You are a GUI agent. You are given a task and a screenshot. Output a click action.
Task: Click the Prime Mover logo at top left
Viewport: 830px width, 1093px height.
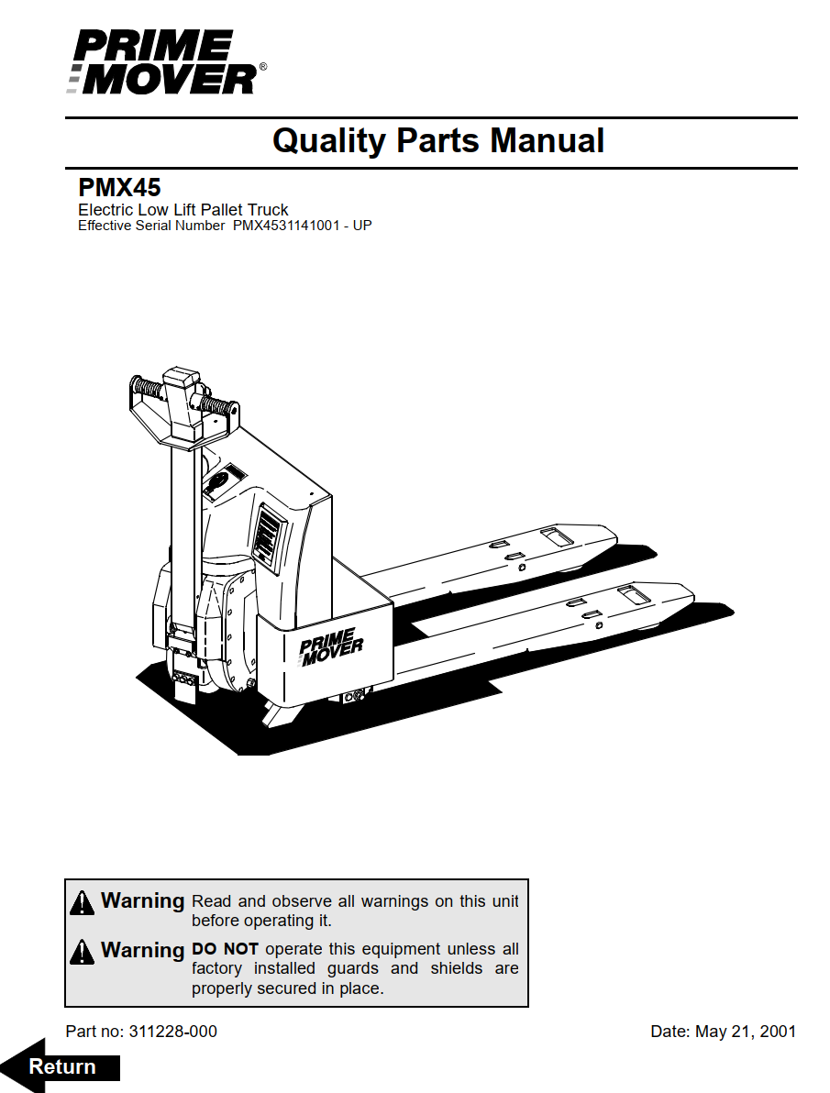pos(166,62)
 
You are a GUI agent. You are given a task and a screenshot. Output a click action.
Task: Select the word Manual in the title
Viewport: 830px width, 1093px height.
pos(547,140)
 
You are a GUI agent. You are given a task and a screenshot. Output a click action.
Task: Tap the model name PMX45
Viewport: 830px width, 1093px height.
pos(119,187)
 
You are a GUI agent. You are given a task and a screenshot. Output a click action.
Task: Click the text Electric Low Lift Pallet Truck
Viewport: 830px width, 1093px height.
pos(183,210)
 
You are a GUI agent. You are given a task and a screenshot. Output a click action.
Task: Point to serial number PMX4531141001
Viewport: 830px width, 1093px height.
pos(286,226)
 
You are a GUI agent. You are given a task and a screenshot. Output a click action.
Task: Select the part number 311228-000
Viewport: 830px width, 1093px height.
pos(173,1032)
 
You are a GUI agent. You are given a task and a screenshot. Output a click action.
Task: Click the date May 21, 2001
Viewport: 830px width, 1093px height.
pos(746,1032)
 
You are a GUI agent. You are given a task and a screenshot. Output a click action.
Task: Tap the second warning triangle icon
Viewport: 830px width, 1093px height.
pos(83,952)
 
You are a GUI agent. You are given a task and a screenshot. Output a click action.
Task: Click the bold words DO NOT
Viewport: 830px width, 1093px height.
pos(225,949)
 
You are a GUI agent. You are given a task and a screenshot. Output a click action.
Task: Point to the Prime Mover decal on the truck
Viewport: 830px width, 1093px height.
pos(330,646)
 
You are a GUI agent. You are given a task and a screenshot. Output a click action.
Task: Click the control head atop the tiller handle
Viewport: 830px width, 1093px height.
pos(184,407)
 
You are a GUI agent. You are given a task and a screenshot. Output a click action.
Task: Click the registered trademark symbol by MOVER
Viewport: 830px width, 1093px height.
pos(263,67)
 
